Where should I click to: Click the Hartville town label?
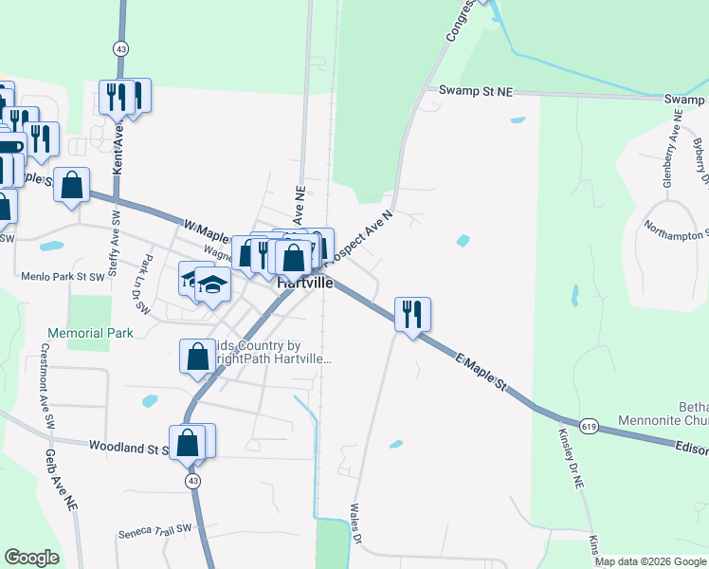[x=305, y=283]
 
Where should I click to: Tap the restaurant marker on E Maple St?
[x=412, y=314]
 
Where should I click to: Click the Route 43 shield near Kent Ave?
[x=119, y=47]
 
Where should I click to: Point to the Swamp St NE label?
[x=475, y=91]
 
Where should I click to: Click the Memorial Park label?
[x=91, y=334]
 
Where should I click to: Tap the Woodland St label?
[x=127, y=446]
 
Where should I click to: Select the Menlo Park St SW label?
[x=63, y=277]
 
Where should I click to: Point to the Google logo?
[x=31, y=558]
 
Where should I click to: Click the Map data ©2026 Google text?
[x=649, y=561]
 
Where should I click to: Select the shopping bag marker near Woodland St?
[x=189, y=442]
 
